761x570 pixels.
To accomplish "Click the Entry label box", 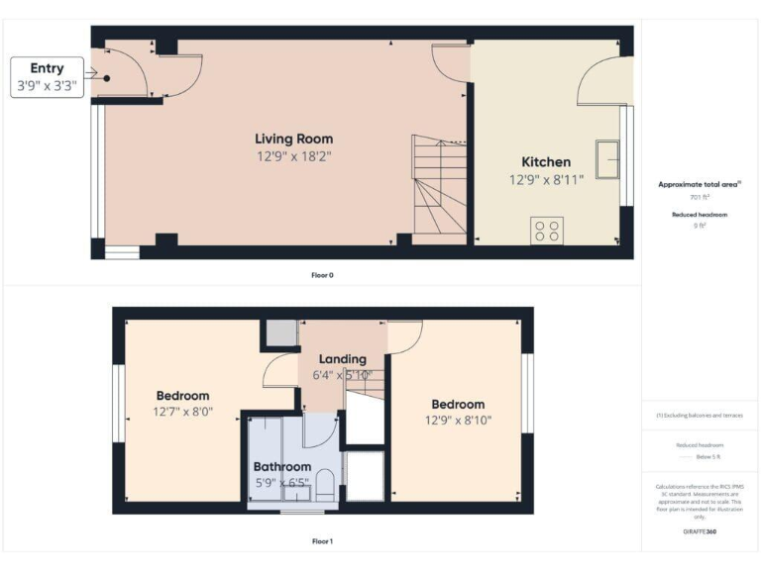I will pos(47,77).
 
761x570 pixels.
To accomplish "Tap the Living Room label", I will pos(293,139).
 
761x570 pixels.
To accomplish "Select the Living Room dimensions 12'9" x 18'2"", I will pos(293,155).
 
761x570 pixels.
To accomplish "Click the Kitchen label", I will pos(546,162).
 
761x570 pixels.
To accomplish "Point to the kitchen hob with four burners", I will pos(547,230).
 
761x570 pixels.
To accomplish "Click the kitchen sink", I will pos(606,154).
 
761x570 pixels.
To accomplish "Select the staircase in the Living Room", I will pos(439,188).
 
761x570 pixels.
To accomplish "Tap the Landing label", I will pos(342,359).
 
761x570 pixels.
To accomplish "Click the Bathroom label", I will pos(282,467).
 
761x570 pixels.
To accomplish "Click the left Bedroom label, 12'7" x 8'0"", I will pos(181,396).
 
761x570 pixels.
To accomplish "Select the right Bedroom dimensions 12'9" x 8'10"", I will pos(458,420).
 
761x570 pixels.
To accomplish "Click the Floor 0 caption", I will pos(322,274).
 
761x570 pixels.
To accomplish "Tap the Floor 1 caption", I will pos(322,541).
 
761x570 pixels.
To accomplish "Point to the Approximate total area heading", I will pos(700,184).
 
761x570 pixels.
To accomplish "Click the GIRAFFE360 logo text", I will pos(700,532).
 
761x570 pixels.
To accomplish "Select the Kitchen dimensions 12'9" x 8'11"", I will pos(546,179).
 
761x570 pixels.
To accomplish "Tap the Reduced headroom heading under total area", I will pos(700,215).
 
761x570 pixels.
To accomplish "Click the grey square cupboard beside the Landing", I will pos(282,333).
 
